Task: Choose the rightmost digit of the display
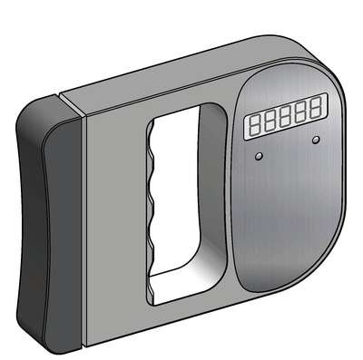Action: click(x=316, y=108)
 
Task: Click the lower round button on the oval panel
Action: click(x=259, y=156)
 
